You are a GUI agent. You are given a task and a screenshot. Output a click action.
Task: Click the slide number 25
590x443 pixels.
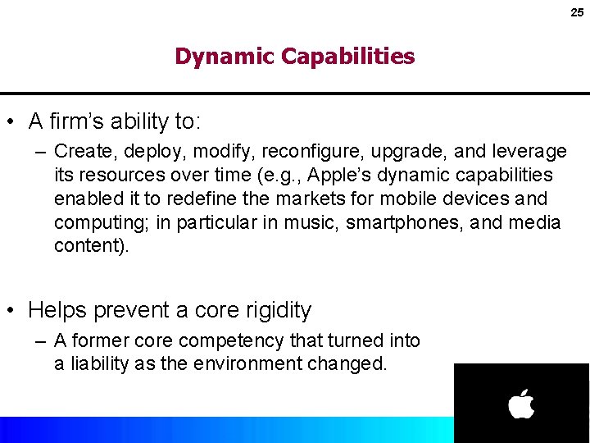[577, 12]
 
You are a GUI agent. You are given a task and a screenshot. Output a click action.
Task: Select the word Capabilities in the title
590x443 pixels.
[347, 57]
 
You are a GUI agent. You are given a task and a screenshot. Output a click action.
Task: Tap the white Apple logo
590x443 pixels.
[521, 404]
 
